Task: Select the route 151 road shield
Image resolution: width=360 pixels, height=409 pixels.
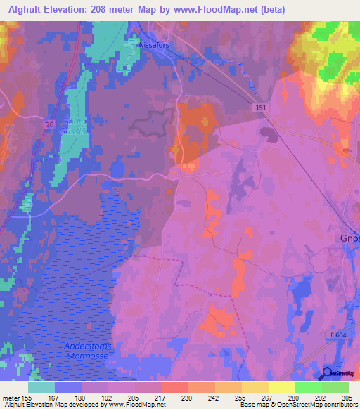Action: point(260,105)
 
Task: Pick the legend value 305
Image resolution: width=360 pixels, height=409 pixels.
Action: point(345,397)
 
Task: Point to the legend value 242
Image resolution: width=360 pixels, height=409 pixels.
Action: point(201,397)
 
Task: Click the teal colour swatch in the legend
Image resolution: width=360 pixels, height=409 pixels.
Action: point(41,387)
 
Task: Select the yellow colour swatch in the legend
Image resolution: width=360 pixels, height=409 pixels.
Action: point(282,387)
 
